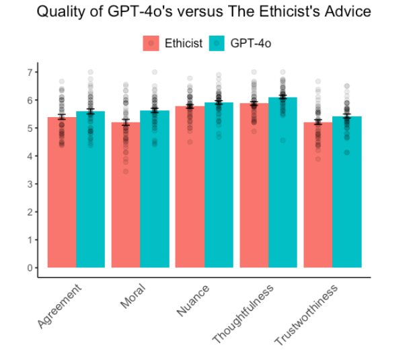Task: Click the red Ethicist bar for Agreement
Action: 61,195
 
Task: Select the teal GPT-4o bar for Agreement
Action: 90,192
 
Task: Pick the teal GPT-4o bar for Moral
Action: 154,192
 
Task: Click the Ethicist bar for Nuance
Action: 190,188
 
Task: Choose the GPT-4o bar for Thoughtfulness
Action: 283,185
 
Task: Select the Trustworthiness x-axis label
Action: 307,315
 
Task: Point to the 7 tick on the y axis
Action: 30,72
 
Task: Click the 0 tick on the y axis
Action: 30,267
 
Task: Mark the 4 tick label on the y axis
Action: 30,156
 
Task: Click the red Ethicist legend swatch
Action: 152,44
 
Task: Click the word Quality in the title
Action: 57,13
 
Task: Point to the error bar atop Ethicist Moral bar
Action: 125,122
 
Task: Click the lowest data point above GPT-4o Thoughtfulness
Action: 283,141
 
